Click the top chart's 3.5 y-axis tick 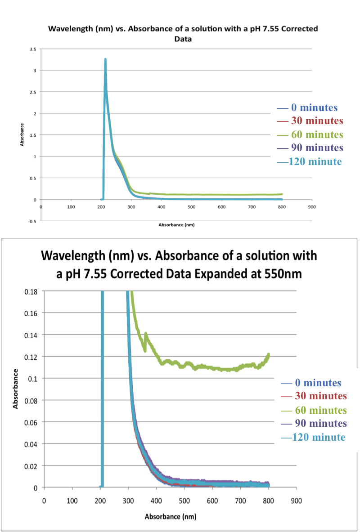pyautogui.click(x=33, y=49)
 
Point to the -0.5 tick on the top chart pyautogui.click(x=32, y=221)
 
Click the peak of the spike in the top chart pyautogui.click(x=105, y=59)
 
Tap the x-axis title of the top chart pyautogui.click(x=176, y=224)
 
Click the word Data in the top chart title pyautogui.click(x=183, y=39)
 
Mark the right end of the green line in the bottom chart pyautogui.click(x=269, y=354)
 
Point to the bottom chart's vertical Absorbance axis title pyautogui.click(x=16, y=389)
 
